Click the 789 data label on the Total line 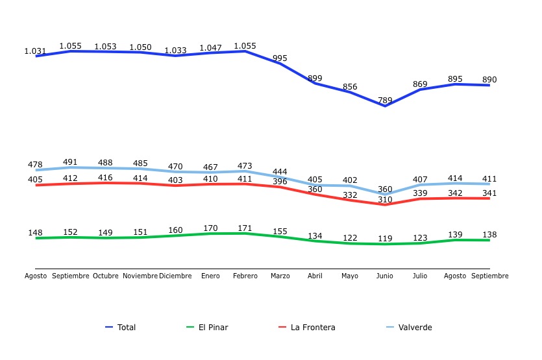(385, 100)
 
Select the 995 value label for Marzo (280, 58)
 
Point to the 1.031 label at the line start (35, 51)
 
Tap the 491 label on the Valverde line (70, 162)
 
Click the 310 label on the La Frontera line (385, 199)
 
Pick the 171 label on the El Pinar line (245, 228)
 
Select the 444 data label (280, 171)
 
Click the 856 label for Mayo (350, 87)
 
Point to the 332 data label (350, 195)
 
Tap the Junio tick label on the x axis (385, 276)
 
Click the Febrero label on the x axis (245, 276)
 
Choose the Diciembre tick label (175, 276)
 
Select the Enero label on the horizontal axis (210, 276)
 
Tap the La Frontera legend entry (312, 328)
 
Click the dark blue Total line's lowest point (385, 106)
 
